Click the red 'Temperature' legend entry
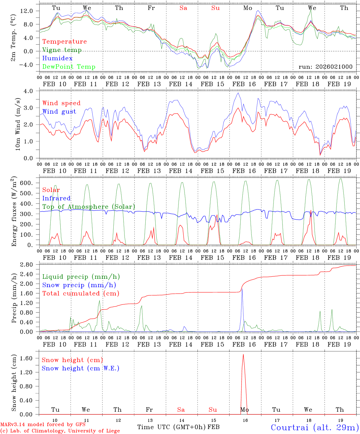click(65, 42)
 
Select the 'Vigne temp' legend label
click(62, 50)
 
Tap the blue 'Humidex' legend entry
click(57, 58)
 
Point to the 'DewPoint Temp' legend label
click(69, 67)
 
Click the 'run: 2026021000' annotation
click(325, 67)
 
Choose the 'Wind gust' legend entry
click(59, 112)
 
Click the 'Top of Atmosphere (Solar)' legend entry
click(89, 207)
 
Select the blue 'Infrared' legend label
click(56, 198)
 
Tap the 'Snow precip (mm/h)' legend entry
click(79, 285)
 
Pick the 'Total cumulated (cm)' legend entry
click(81, 293)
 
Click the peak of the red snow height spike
click(243, 354)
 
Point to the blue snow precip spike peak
click(242, 289)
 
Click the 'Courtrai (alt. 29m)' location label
click(314, 427)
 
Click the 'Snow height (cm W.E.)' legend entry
click(81, 368)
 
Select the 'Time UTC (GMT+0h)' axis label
click(172, 427)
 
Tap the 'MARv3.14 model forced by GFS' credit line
click(43, 425)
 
